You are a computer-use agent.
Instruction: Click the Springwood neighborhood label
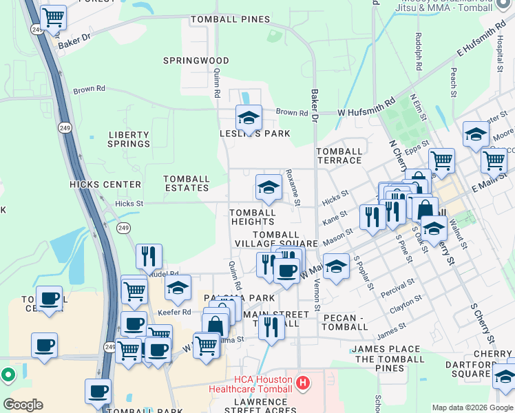(196, 61)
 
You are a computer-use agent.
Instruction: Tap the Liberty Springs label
(129, 139)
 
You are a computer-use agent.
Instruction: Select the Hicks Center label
(105, 184)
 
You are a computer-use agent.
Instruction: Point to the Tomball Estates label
(187, 183)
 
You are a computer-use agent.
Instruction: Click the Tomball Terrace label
(339, 156)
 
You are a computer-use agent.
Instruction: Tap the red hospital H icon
(302, 382)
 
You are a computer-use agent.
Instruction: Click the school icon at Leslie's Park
(249, 116)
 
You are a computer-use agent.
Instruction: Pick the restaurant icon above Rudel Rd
(149, 256)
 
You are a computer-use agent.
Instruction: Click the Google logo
(23, 405)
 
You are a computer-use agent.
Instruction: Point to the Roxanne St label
(293, 187)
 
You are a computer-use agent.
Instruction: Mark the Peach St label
(454, 81)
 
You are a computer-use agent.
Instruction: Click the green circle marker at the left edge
(8, 375)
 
